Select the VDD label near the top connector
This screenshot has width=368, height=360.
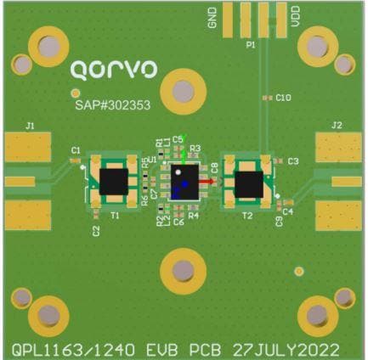click(293, 19)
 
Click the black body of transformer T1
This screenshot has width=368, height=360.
click(115, 182)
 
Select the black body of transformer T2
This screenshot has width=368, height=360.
click(250, 183)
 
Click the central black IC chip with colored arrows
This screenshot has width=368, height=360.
click(183, 181)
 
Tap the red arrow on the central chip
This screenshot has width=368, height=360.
click(207, 181)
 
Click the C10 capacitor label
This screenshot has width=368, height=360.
click(285, 98)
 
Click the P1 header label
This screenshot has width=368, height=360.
click(250, 42)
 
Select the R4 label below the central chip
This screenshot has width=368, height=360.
click(194, 217)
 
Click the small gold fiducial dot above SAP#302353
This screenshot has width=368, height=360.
click(75, 92)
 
